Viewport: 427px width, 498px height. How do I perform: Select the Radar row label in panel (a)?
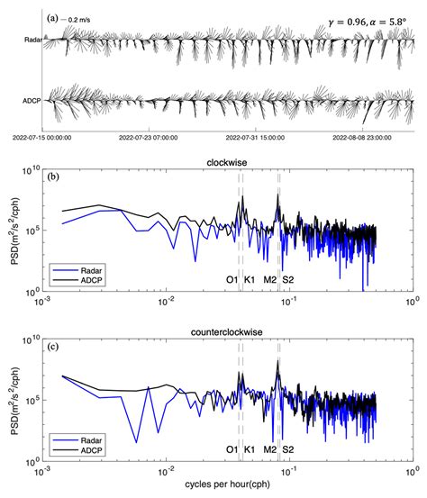pyautogui.click(x=33, y=40)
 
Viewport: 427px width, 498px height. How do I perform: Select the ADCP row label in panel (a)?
pyautogui.click(x=33, y=103)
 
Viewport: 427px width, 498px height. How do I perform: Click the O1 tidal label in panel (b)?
pyautogui.click(x=232, y=280)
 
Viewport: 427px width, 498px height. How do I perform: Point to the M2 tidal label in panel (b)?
pyautogui.click(x=270, y=280)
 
